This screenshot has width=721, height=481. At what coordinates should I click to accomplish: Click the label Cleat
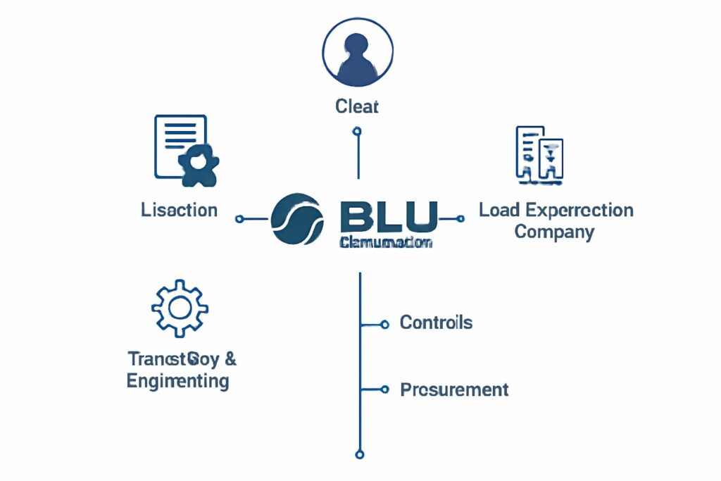click(357, 106)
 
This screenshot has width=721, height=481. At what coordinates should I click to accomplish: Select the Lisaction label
click(179, 210)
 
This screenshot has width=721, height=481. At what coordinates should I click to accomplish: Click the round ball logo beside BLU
click(296, 219)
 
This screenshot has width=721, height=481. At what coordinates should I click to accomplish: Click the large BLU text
click(388, 216)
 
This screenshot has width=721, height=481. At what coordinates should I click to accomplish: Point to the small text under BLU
click(385, 242)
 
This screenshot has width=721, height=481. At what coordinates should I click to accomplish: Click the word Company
click(554, 232)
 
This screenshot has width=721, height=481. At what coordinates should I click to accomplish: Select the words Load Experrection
click(556, 210)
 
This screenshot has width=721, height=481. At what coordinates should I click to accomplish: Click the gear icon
click(180, 308)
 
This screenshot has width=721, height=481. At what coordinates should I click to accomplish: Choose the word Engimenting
click(177, 381)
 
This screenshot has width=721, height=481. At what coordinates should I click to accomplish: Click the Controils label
click(436, 323)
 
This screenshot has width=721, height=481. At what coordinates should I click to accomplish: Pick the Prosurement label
click(454, 389)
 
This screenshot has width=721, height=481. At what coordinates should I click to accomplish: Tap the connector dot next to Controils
click(384, 325)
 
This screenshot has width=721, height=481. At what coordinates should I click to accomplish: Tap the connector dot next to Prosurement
click(384, 389)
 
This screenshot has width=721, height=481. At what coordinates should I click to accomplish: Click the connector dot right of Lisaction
click(239, 219)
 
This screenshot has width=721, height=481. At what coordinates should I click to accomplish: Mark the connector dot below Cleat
click(357, 131)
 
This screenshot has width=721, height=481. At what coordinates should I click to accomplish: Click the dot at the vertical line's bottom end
click(360, 454)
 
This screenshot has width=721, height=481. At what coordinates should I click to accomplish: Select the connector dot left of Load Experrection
click(460, 218)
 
